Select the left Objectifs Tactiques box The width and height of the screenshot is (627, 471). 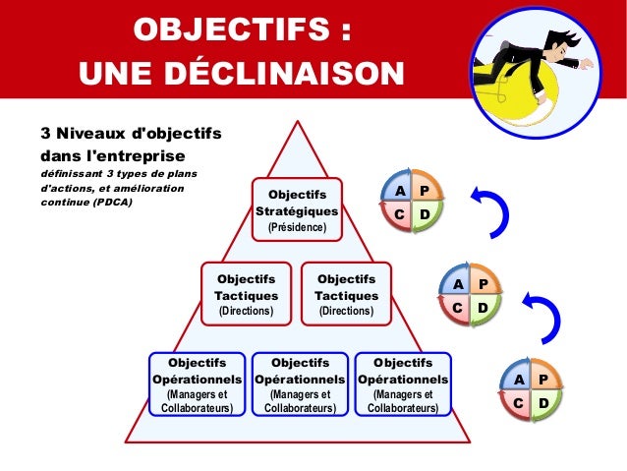pos(247,294)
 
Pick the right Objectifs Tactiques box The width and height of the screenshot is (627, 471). pos(346,294)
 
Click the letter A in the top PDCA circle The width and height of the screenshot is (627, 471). pos(399,190)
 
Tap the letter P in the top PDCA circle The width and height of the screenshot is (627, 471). pos(424,190)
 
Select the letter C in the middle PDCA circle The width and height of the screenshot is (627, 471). pos(458,308)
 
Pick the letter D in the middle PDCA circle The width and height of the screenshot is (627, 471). pos(483,308)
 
